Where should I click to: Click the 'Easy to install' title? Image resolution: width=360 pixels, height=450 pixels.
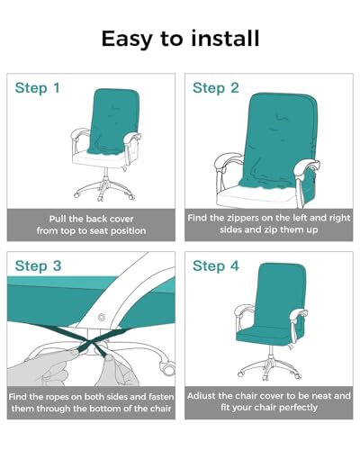180,39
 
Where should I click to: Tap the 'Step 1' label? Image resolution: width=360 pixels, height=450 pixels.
37,88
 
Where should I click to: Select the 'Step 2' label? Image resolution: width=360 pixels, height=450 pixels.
215,88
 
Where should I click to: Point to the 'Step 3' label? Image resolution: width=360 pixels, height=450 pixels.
37,266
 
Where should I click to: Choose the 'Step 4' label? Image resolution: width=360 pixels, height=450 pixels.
215,266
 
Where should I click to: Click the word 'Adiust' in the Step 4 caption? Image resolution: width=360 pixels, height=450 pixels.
204,396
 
